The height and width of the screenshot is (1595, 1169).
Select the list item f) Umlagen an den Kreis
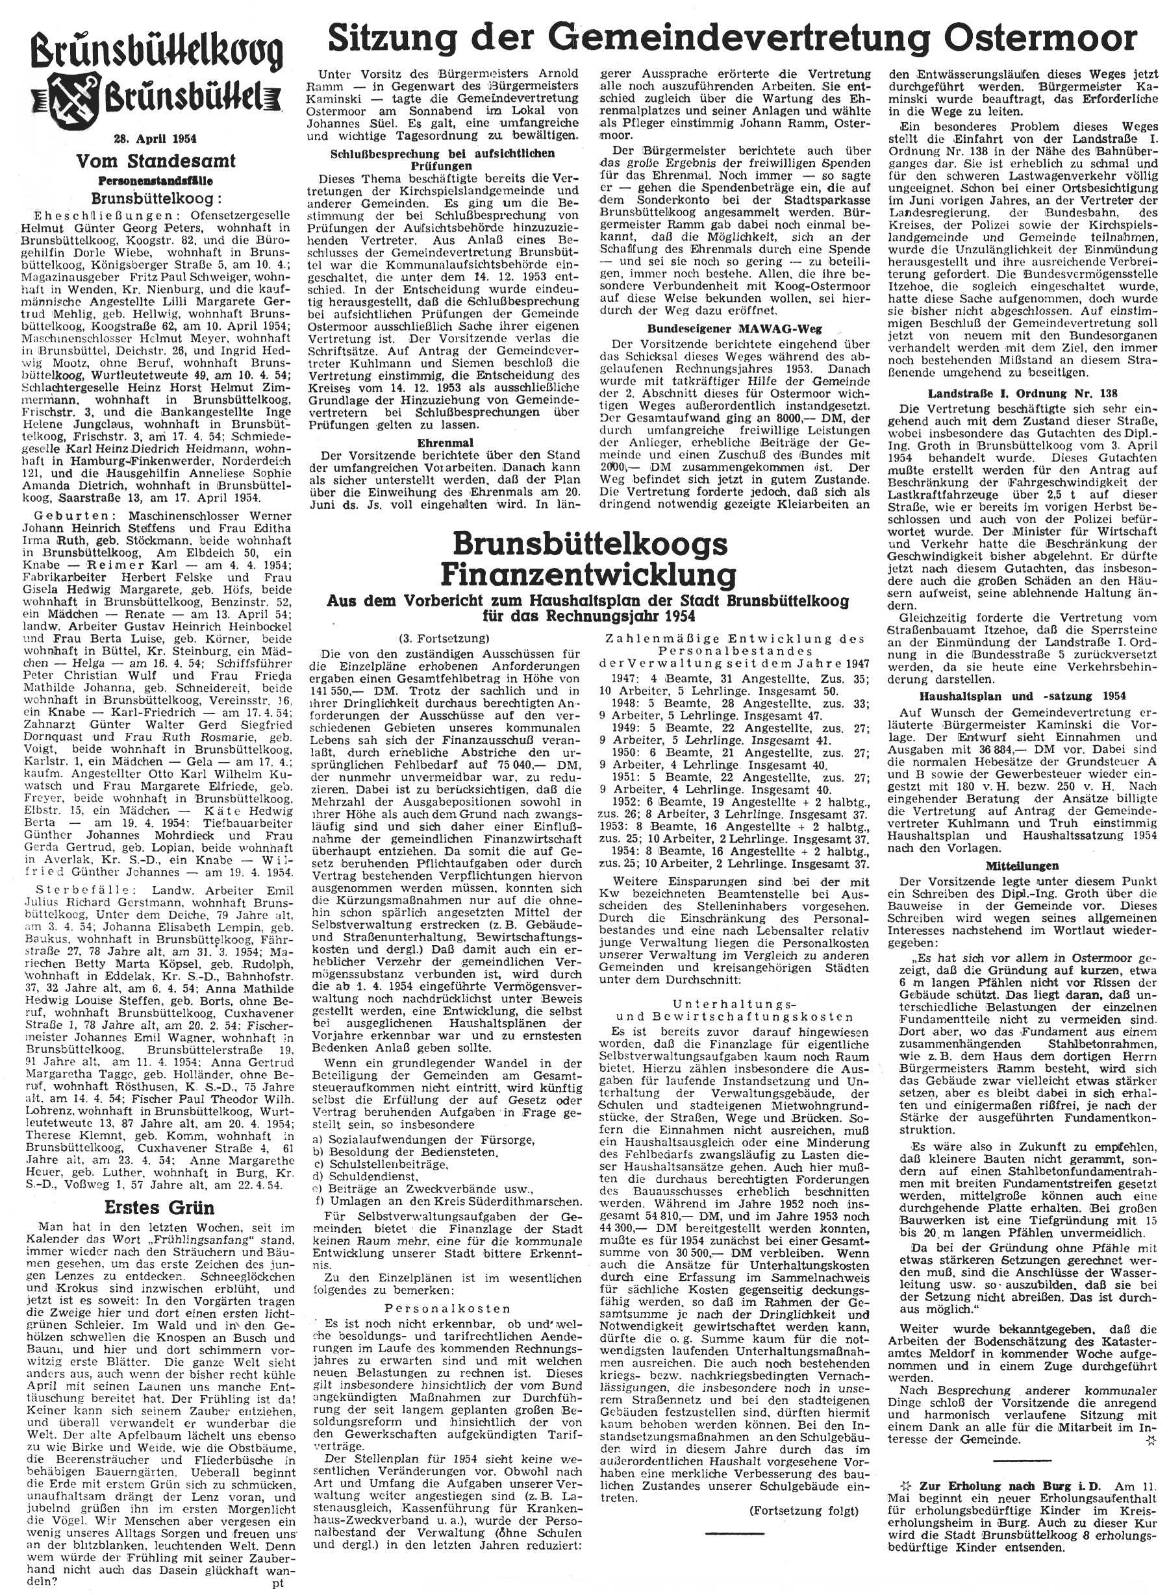(x=445, y=1202)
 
